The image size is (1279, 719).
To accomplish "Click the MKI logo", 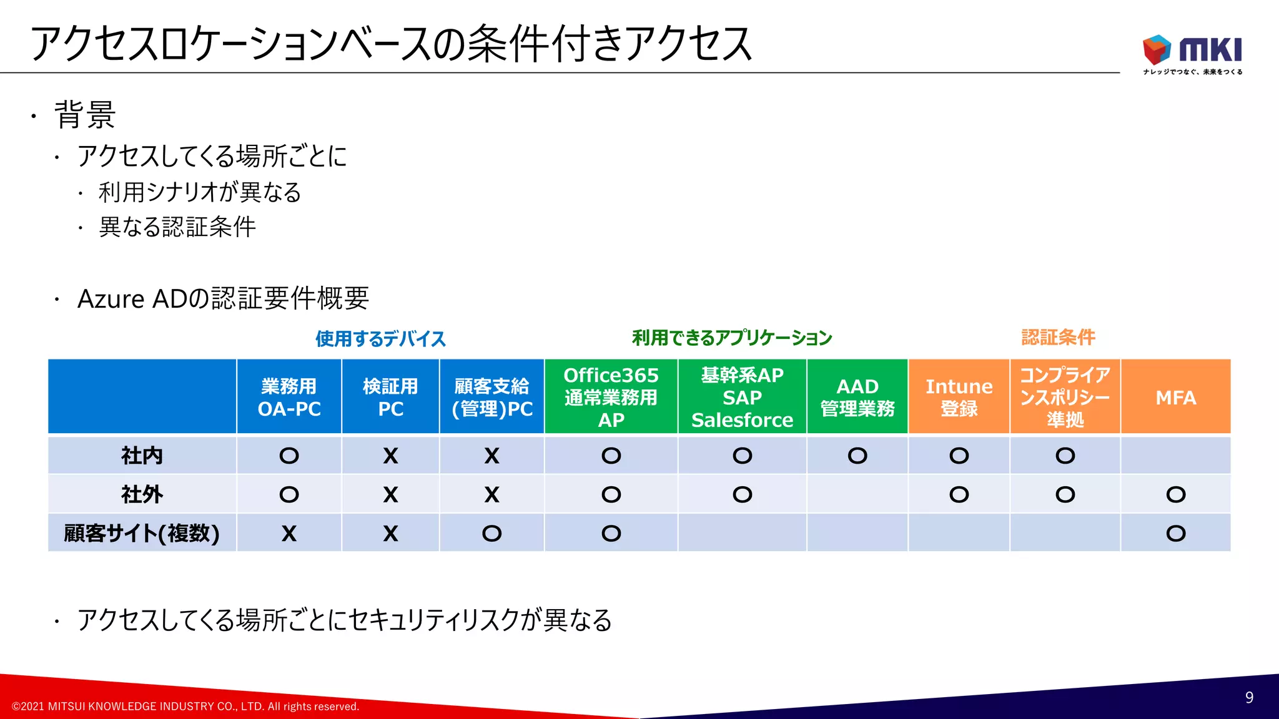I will point(1192,52).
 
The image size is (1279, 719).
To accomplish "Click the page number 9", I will point(1248,697).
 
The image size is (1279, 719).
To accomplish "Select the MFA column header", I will point(1175,397).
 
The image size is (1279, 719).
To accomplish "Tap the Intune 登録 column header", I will point(959,397).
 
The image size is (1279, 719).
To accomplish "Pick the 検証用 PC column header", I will point(390,397).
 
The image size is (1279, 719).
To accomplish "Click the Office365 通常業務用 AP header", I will point(611,397).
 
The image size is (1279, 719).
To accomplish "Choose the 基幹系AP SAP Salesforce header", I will point(742,397).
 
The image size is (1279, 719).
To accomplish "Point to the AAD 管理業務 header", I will point(857,397).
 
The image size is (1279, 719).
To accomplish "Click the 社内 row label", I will point(142,456).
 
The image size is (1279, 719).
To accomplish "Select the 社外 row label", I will point(142,494).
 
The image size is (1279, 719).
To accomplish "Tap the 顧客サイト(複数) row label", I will point(142,533).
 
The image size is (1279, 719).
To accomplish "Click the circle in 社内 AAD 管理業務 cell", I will point(857,456).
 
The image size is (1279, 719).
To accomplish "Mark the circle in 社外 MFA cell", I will point(1175,494).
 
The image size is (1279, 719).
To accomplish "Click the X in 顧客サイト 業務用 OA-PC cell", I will point(289,534).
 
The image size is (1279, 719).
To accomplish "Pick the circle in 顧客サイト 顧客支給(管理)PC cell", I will point(491,534).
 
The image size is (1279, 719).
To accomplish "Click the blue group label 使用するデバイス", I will point(380,339).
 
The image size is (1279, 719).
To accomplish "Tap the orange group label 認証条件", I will point(1058,337).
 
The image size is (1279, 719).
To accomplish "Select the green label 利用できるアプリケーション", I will point(732,338).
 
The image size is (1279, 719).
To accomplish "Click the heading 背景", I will point(85,115).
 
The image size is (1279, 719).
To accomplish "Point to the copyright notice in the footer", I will point(185,707).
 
